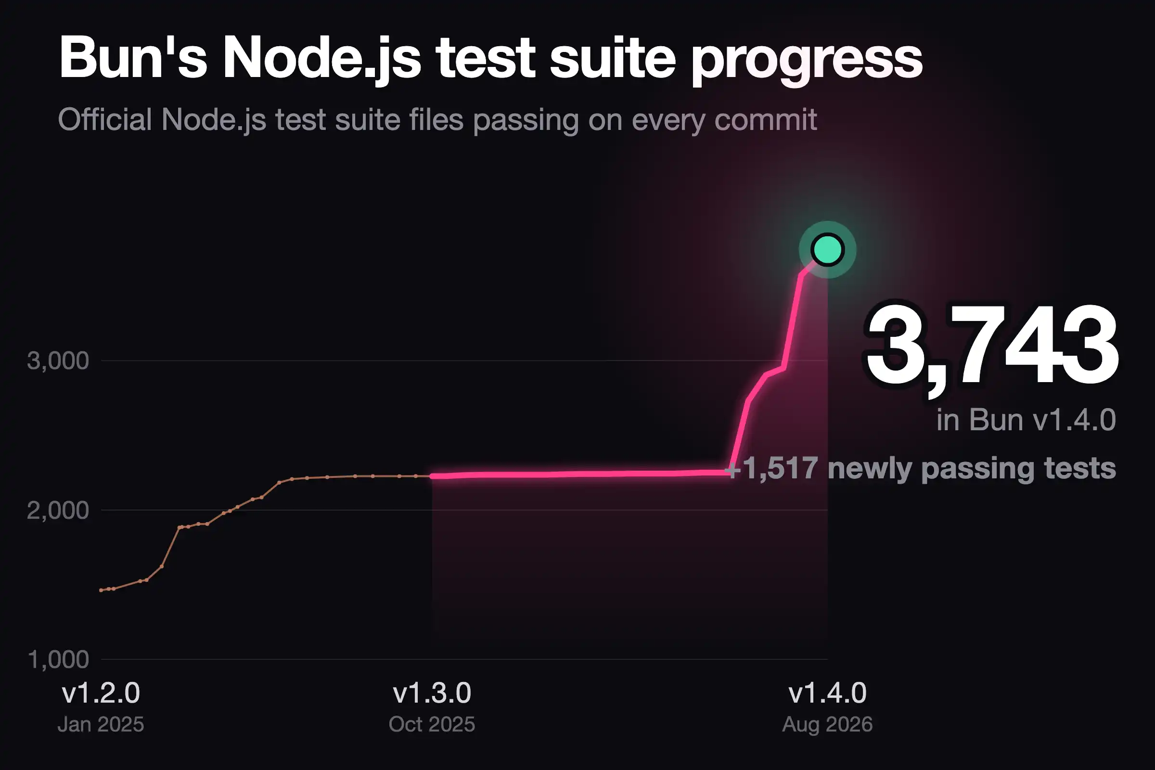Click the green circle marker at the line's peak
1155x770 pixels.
827,250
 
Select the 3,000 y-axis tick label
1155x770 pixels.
58,361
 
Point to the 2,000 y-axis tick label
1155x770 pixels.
58,511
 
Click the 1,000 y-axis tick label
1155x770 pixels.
58,659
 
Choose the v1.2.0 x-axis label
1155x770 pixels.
101,693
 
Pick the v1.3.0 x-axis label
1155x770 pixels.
432,693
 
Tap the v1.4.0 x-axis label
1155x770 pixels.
827,693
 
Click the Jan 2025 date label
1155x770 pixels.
101,724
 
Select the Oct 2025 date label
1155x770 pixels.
432,724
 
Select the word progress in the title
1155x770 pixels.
808,62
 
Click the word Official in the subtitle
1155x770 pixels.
105,119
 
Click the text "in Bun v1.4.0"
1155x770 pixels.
1026,420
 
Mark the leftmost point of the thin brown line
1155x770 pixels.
101,590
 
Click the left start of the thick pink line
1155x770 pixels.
432,476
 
